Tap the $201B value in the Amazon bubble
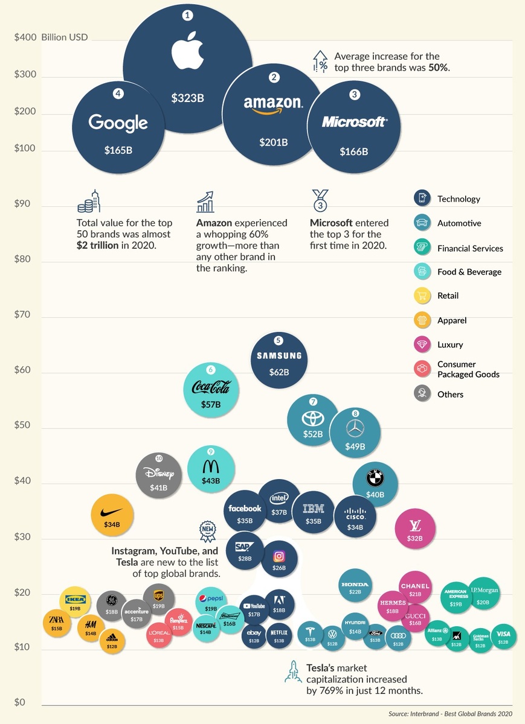pos(274,142)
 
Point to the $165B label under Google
pos(118,150)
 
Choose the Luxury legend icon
pos(421,345)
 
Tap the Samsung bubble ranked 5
pos(279,360)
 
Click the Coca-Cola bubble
pos(210,390)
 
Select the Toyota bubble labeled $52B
pos(312,420)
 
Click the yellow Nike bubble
pos(112,515)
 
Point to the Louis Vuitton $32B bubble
pos(415,529)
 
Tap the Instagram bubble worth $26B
pos(279,559)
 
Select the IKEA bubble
pos(75,602)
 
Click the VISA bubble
pos(503,637)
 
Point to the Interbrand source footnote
pos(450,714)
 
